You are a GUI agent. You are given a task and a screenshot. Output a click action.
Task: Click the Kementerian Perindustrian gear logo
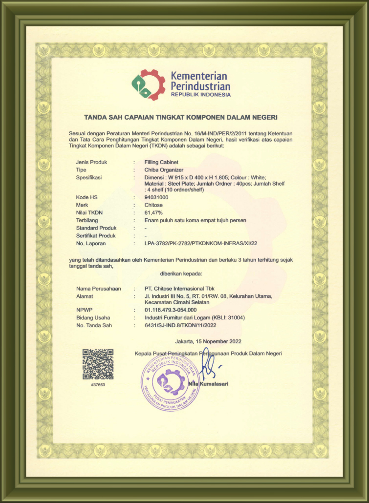(149, 85)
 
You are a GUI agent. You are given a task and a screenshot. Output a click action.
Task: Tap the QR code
(98, 365)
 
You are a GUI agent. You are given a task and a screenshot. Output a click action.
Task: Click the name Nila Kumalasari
(208, 384)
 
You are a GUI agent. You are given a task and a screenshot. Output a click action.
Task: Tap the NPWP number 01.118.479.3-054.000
(171, 310)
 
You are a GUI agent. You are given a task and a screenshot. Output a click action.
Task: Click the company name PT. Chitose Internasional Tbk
(179, 289)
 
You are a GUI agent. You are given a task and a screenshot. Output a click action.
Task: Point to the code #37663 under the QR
(98, 385)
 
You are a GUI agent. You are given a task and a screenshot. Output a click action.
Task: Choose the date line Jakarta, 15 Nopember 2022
(208, 341)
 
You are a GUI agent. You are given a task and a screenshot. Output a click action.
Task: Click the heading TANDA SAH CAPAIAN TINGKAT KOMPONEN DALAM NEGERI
(181, 117)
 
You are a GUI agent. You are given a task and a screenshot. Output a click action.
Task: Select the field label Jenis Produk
(91, 162)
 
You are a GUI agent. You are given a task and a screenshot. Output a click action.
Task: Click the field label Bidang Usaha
(93, 317)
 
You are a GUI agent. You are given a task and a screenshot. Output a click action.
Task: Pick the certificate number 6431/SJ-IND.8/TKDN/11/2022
(180, 325)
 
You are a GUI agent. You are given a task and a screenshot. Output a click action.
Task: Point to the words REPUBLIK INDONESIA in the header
(200, 95)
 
